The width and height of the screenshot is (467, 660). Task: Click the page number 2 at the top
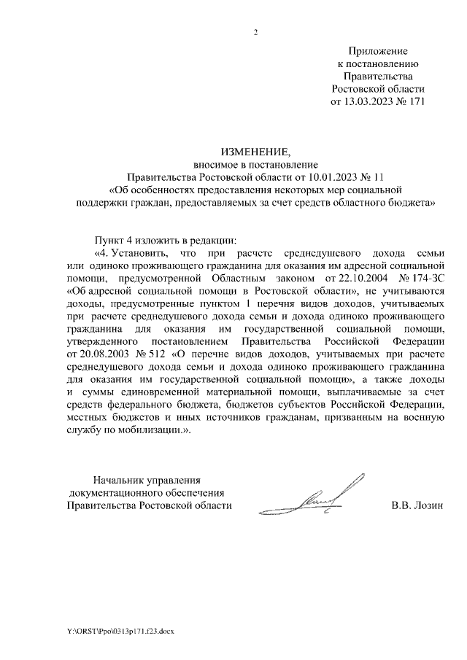pyautogui.click(x=255, y=32)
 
